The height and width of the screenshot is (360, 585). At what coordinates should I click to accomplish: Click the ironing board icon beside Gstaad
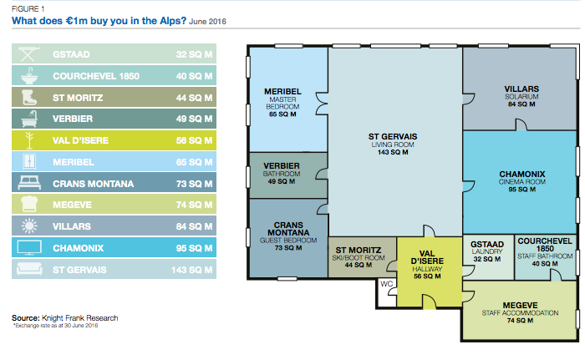28,54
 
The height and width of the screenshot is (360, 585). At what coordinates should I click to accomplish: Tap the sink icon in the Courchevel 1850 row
28,76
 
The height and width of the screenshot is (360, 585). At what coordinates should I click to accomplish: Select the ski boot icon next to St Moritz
29,98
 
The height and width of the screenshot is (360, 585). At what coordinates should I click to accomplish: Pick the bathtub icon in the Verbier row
29,119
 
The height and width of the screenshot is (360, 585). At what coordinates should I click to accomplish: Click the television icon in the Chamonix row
29,248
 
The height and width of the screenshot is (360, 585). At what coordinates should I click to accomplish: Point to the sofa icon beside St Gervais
29,269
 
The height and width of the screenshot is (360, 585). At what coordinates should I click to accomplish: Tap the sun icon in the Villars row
29,226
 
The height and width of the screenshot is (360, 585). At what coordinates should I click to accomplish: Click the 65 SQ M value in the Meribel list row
194,162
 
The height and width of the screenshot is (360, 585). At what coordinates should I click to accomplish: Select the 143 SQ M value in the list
191,270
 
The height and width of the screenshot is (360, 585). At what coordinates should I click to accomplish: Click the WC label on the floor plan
386,284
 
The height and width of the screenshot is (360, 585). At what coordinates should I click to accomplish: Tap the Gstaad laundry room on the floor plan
488,257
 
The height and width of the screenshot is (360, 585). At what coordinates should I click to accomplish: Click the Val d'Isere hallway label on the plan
427,265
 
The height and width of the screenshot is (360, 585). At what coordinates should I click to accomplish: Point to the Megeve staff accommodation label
520,312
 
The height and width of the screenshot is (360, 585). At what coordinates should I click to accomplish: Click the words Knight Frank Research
80,318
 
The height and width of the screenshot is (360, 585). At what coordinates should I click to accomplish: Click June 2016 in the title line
207,21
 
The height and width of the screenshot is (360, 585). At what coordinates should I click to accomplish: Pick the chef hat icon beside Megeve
29,205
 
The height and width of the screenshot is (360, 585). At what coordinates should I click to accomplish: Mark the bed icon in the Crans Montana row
29,183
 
